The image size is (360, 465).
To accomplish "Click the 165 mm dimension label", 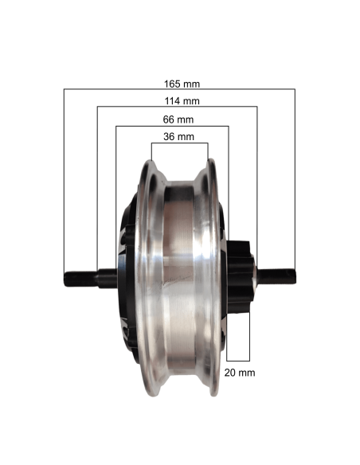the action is [x=182, y=84].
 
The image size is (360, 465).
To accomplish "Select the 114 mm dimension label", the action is [x=182, y=101].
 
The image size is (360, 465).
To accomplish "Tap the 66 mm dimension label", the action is [x=178, y=119].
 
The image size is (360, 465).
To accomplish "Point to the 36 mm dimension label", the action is [x=179, y=137].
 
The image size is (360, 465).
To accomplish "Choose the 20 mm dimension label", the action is [x=240, y=373].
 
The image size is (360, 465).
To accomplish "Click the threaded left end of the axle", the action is [x=80, y=279].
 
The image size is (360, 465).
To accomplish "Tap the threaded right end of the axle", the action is [x=276, y=276].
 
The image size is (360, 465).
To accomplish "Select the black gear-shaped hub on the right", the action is [x=241, y=276].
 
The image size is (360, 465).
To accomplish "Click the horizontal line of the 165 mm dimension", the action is [x=179, y=88].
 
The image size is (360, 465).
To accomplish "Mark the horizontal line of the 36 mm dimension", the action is [x=180, y=143].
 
